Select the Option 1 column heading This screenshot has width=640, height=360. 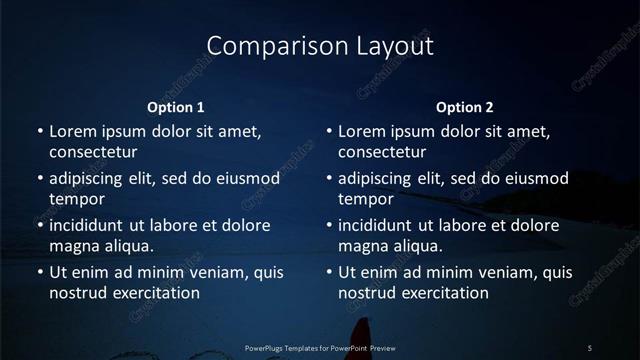coord(176,107)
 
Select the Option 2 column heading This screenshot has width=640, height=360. coord(465,107)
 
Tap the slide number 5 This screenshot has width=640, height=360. coord(590,347)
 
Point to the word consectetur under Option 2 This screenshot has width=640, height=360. coord(382,152)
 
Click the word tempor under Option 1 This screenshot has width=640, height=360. coord(77,198)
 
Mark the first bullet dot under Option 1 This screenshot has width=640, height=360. coord(39,132)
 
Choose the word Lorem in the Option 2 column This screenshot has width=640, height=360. coord(361,131)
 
